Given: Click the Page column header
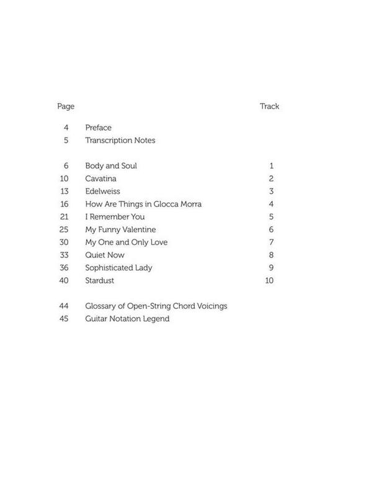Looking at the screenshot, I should tap(66, 107).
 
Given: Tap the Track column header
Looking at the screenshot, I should tap(269, 107).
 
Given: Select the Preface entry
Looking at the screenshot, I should tap(99, 128).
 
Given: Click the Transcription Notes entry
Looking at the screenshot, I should tap(120, 141).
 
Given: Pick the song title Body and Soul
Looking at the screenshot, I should tap(111, 166).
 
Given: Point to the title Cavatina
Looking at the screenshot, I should tap(102, 179).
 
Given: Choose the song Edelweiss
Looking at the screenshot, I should tap(103, 192).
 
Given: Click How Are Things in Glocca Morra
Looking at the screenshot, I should tap(143, 204).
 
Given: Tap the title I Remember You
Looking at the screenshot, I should tap(115, 217).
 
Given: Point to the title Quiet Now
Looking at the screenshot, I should tap(105, 255).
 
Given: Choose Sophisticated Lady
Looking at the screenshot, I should tap(118, 268).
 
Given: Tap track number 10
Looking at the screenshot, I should tap(269, 280).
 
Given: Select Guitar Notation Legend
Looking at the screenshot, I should tap(127, 319).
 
